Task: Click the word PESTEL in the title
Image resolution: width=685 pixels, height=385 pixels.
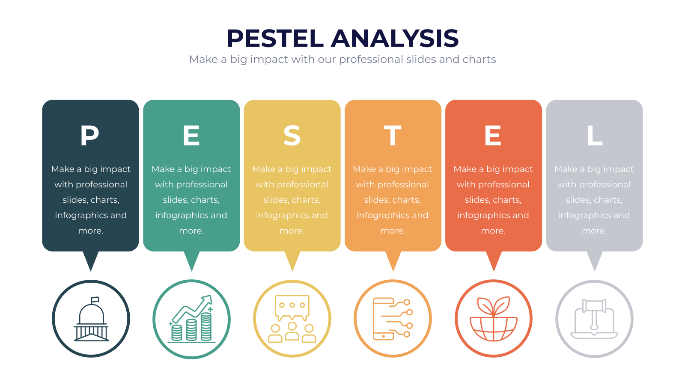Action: point(275,38)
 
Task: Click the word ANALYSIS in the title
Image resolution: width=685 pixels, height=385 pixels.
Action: point(395,38)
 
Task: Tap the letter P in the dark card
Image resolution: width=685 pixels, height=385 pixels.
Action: point(89,135)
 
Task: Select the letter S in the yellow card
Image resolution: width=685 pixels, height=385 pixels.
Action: point(292,135)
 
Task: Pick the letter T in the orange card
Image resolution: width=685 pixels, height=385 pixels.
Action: point(393,135)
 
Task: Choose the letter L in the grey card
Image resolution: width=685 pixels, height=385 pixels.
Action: point(595,135)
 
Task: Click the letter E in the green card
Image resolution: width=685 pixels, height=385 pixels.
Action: point(191,135)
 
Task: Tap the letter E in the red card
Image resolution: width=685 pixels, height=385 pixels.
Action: point(493,135)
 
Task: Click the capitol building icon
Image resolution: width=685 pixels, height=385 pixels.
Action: point(91,319)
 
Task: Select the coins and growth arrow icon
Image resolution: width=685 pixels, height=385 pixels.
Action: point(191,319)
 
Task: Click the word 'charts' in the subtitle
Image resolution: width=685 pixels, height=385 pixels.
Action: point(479,59)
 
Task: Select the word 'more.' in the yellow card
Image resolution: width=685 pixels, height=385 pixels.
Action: point(292,231)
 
